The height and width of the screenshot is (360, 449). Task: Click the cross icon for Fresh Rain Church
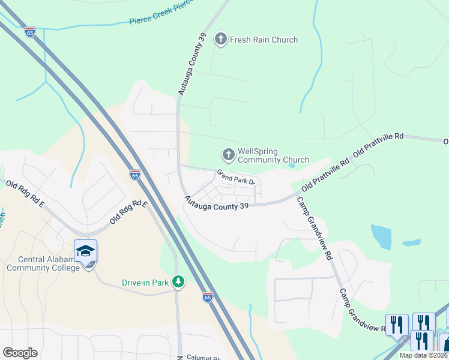(x=221, y=40)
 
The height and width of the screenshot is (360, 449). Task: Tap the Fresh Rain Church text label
(x=264, y=40)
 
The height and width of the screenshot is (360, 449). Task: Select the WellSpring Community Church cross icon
(x=228, y=155)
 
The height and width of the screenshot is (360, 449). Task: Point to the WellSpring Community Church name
(x=273, y=155)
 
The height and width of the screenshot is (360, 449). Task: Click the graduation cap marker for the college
(x=85, y=251)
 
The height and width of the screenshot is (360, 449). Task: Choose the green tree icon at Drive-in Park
(x=178, y=281)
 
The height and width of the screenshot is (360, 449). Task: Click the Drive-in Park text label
(x=145, y=281)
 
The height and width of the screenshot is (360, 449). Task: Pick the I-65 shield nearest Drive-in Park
(x=207, y=296)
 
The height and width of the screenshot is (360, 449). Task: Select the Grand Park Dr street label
(x=237, y=177)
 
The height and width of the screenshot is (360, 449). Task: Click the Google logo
(x=20, y=353)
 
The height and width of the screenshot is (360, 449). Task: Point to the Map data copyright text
(x=424, y=355)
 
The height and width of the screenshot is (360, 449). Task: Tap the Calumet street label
(x=204, y=356)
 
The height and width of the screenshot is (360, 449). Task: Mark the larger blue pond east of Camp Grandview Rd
(x=382, y=238)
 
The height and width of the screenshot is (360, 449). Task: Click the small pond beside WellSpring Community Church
(x=291, y=166)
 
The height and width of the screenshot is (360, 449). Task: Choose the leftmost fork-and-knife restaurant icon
(x=396, y=325)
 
